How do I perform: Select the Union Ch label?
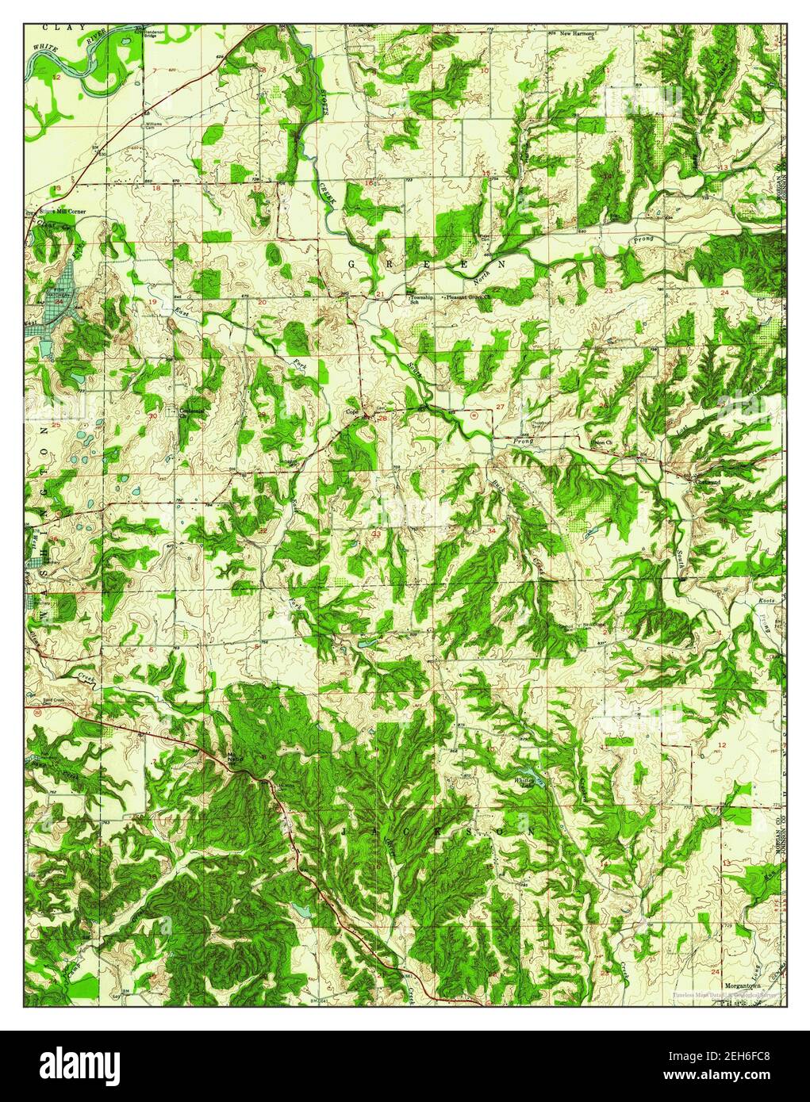[604, 442]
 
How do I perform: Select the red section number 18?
[156, 188]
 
